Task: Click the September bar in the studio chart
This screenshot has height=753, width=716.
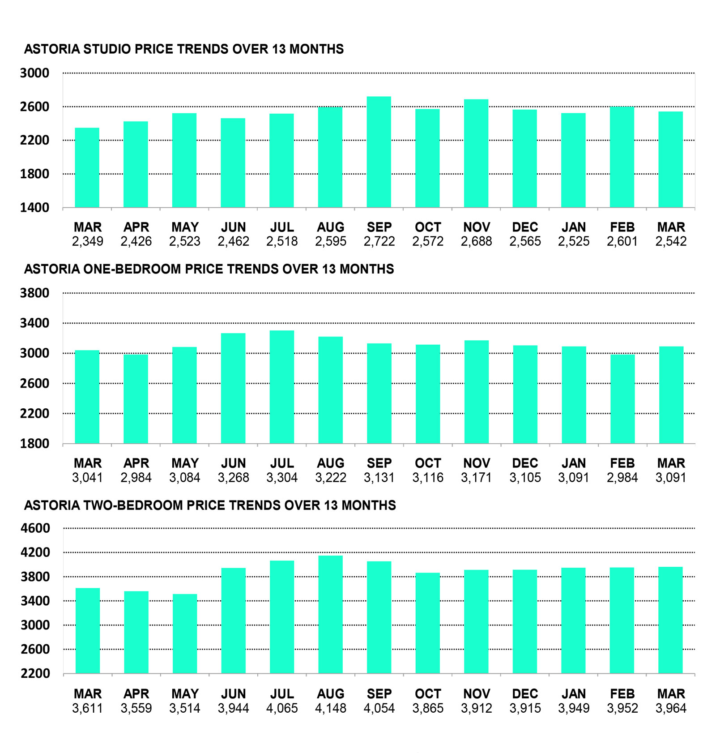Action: (x=379, y=152)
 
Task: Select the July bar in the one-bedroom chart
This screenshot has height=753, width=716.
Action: (x=281, y=387)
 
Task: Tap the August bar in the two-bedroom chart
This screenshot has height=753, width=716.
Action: (x=330, y=614)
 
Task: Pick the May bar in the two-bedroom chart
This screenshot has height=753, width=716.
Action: (x=185, y=633)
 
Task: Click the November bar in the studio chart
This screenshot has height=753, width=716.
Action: (x=476, y=153)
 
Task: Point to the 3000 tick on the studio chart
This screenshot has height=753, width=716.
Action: (x=34, y=73)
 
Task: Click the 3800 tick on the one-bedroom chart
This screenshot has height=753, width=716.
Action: (x=34, y=293)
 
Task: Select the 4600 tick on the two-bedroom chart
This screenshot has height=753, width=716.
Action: (x=35, y=528)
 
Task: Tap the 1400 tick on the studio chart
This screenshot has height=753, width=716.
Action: (x=34, y=208)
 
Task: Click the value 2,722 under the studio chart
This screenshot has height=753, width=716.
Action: (x=379, y=242)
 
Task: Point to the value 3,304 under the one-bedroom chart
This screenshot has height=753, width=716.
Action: (x=281, y=478)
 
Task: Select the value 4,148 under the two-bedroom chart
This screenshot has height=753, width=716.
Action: (x=330, y=708)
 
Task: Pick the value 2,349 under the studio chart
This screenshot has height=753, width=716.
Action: (x=87, y=242)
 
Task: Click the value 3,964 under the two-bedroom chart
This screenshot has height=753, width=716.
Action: (x=671, y=708)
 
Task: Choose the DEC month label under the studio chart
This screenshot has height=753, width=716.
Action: (x=525, y=227)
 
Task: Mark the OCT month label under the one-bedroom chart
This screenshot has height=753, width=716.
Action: (x=428, y=463)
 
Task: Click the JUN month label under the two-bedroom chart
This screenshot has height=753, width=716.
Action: (x=233, y=694)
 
